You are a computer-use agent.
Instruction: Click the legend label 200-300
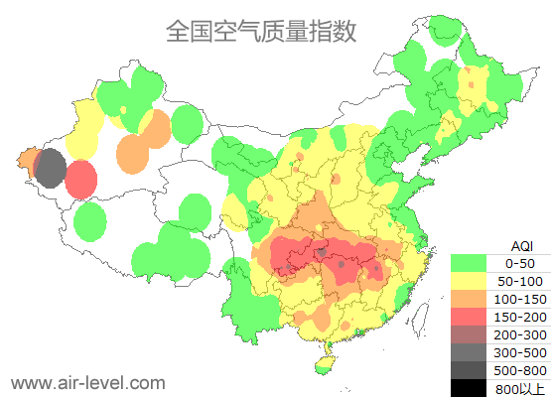pyautogui.click(x=520, y=334)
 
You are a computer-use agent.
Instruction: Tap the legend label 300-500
pyautogui.click(x=520, y=352)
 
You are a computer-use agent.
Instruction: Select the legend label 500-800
pyautogui.click(x=520, y=370)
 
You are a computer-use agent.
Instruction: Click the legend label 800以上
pyautogui.click(x=520, y=388)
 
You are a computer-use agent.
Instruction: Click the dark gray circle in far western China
pyautogui.click(x=50, y=168)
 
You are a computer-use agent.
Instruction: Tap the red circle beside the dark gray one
pyautogui.click(x=81, y=180)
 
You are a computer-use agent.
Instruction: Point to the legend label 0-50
pyautogui.click(x=520, y=263)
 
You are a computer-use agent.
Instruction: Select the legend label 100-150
pyautogui.click(x=520, y=299)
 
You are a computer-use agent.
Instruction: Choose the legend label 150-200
pyautogui.click(x=520, y=317)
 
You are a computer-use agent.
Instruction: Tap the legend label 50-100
pyautogui.click(x=520, y=281)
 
